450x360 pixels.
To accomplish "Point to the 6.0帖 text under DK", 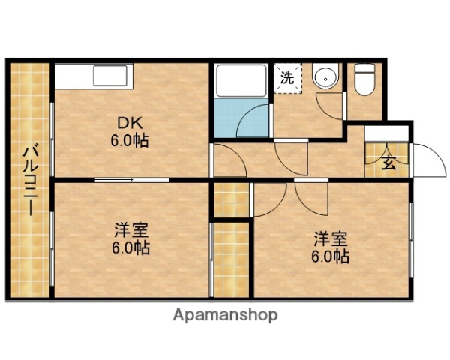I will tap(129, 139).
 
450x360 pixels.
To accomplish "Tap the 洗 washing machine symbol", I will tap(288, 76).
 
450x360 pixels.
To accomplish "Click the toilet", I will tap(365, 78).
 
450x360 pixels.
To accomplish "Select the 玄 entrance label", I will tap(388, 160).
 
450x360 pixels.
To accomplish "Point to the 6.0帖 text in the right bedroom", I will tap(330, 256).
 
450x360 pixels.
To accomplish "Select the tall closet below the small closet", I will tap(231, 259).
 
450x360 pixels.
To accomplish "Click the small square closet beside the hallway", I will tap(231, 198).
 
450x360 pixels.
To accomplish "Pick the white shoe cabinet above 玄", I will tap(388, 133).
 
